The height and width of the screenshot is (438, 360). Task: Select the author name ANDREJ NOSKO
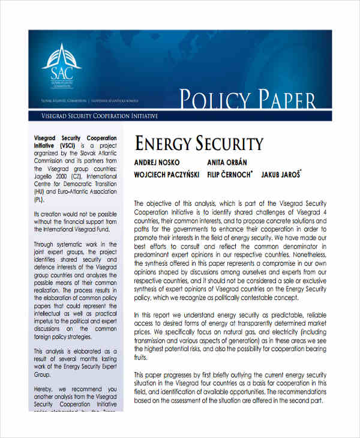157,163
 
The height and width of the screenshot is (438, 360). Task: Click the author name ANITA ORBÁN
227,163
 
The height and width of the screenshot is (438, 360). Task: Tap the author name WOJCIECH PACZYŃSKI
167,175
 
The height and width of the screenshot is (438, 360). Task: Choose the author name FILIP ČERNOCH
229,175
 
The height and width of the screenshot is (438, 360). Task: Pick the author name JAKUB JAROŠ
281,175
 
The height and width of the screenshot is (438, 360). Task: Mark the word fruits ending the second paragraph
140,358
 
